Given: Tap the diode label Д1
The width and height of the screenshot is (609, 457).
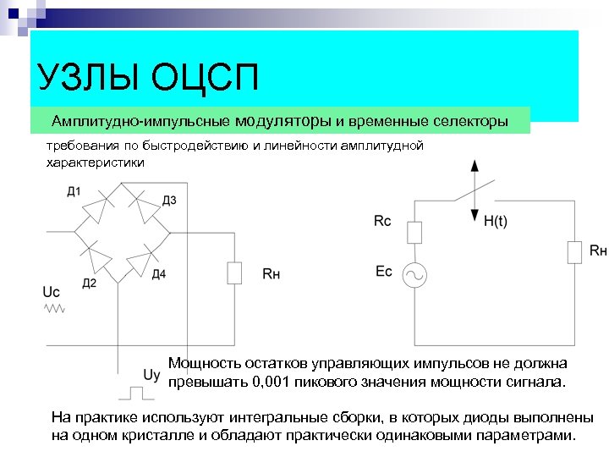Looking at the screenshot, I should coord(74,191).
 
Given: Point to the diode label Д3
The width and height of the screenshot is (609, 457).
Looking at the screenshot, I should coord(169,200).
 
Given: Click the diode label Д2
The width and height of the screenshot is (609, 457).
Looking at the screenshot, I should coord(89,283).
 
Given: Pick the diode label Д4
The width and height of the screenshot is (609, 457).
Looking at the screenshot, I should coord(159,273).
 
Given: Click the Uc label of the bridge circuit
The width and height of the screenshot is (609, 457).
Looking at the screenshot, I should coord(51,291).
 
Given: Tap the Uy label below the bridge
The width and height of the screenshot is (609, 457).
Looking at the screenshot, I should coord(152,375).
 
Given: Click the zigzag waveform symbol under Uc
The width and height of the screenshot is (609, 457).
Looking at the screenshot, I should coord(54,310).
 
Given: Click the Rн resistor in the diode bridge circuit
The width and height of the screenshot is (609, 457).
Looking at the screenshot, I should coord(234,273).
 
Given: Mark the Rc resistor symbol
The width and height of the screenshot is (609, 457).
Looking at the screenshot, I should coord(414,232).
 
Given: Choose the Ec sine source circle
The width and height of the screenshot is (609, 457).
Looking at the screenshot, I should coord(414,274).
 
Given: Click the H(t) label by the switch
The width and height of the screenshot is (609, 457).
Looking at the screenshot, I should coord(496,222).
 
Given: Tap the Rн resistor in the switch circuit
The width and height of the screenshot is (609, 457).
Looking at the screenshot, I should coord(574,251).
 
